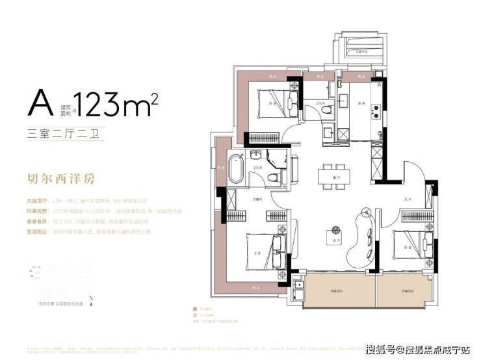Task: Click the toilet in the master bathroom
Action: point(277,177)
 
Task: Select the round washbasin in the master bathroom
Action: point(256,155)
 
